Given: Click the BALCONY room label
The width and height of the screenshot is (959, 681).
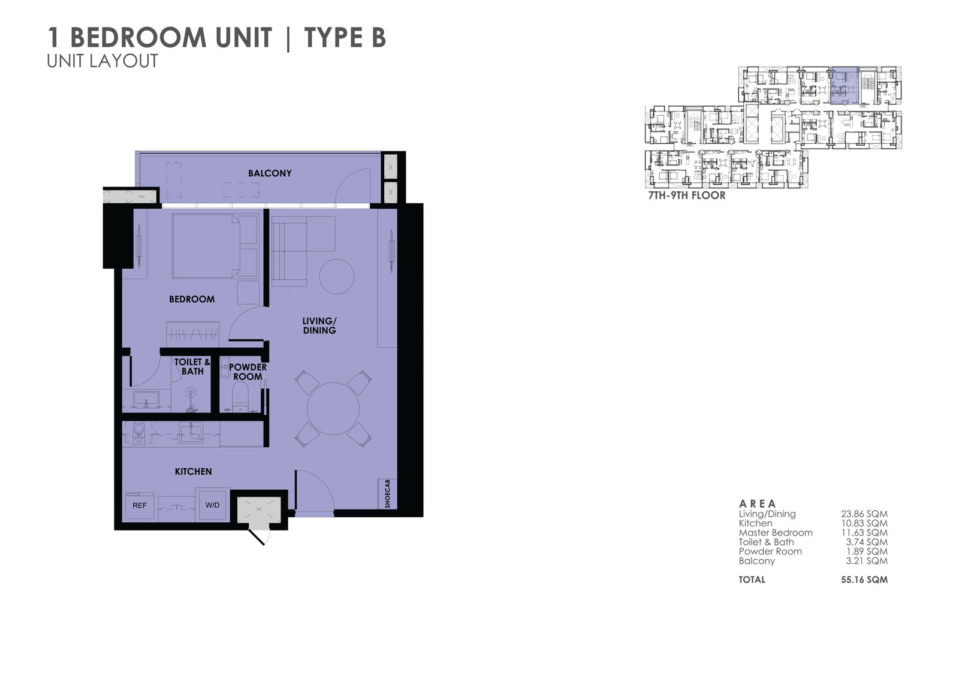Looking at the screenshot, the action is click(270, 173).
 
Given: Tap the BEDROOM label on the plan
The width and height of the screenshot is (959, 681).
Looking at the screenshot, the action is click(192, 299).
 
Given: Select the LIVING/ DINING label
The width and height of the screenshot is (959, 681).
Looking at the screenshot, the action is click(319, 326).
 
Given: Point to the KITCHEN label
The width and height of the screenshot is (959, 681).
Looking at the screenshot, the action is click(193, 472).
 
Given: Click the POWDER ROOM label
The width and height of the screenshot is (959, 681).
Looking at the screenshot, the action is click(248, 372).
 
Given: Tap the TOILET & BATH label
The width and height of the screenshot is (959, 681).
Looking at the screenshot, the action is click(192, 367).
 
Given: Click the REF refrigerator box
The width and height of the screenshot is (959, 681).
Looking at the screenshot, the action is click(140, 506).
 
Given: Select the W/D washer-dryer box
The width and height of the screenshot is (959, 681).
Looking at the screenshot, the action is click(212, 505).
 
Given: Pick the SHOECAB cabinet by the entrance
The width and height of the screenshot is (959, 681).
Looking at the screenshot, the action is click(387, 494).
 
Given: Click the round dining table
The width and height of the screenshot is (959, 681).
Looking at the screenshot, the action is click(333, 409).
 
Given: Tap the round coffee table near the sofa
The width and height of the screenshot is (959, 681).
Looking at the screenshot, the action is click(337, 276).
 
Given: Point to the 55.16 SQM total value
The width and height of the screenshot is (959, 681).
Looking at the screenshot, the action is click(864, 580).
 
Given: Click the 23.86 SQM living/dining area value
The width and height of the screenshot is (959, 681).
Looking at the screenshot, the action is click(864, 514).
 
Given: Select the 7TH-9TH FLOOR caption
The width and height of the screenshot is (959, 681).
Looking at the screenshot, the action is click(687, 195).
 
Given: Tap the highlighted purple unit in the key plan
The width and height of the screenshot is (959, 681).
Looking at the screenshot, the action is click(845, 86).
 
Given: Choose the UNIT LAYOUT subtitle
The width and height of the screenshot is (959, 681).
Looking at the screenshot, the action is click(102, 61).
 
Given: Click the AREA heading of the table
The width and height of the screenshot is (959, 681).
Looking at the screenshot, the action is click(758, 504).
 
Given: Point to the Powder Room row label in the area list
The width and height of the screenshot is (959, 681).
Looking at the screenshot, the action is click(770, 552).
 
